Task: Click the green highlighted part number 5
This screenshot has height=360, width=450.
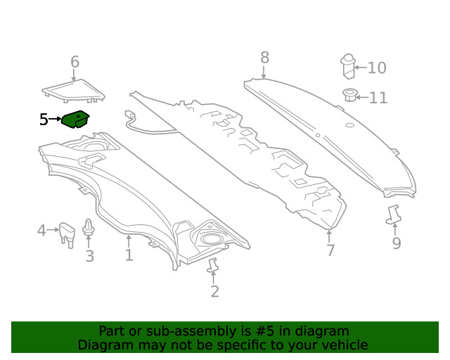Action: (x=75, y=120)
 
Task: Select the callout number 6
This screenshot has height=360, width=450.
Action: (x=75, y=62)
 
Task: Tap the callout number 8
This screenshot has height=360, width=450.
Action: (x=264, y=58)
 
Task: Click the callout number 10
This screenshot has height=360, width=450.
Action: (x=377, y=68)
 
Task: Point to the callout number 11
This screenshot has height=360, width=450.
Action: (x=378, y=98)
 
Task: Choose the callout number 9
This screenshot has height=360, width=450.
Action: (x=397, y=243)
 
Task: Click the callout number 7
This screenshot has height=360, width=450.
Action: (x=330, y=250)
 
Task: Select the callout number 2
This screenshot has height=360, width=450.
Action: (x=214, y=291)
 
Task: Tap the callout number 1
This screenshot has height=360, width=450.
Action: (x=129, y=255)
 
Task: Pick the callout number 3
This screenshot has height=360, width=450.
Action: (x=89, y=256)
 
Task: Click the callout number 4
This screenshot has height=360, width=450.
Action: (x=41, y=230)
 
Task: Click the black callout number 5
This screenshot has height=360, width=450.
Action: (x=44, y=120)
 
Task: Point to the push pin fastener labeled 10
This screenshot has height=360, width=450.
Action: (x=348, y=66)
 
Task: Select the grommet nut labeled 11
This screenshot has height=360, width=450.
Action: (x=350, y=95)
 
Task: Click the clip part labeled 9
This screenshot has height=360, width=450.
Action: (x=394, y=214)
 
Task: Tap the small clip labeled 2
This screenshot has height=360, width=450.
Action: (x=212, y=265)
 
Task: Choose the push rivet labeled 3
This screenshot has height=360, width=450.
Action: (x=88, y=229)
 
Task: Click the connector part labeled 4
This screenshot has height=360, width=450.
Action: (x=67, y=235)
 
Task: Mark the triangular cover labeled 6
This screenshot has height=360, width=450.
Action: (x=73, y=91)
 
